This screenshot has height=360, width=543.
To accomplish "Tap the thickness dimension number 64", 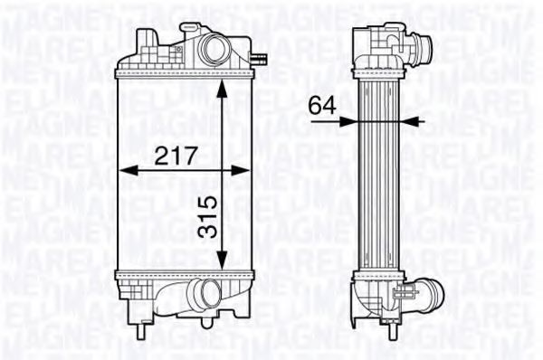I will click(x=321, y=105).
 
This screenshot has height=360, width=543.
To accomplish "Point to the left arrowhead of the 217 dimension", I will click(x=124, y=169).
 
